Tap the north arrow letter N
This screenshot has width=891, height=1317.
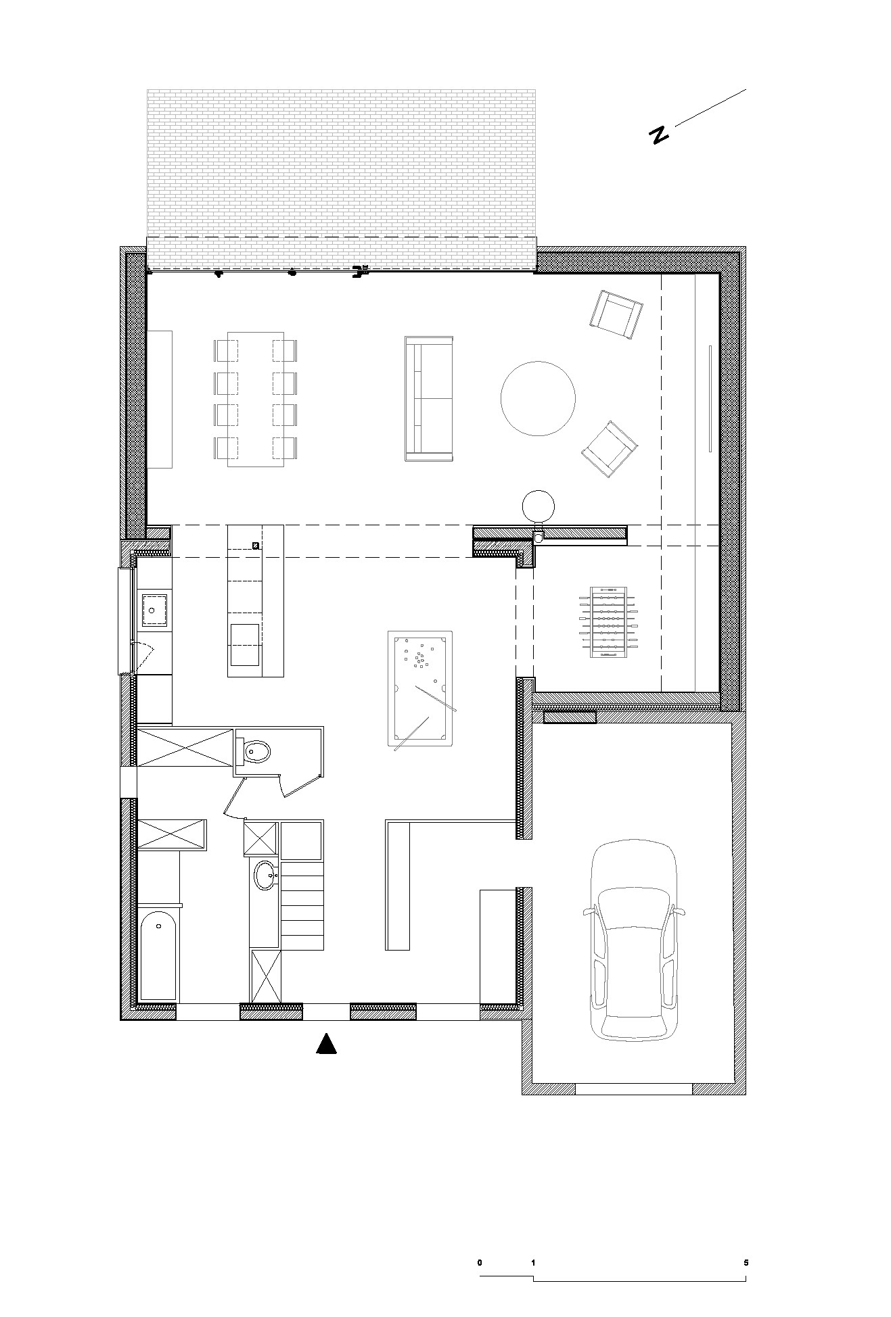(x=658, y=135)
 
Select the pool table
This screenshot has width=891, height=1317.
(x=420, y=689)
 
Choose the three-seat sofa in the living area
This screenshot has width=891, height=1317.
(x=428, y=398)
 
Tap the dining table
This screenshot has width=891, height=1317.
(x=255, y=399)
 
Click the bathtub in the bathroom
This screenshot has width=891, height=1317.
(x=158, y=955)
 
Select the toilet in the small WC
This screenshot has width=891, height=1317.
(x=256, y=750)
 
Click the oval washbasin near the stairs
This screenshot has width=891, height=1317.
(x=266, y=876)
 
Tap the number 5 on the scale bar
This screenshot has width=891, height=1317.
(x=746, y=1262)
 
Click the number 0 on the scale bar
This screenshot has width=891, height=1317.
(x=480, y=1262)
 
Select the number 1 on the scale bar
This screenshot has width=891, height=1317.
(x=534, y=1262)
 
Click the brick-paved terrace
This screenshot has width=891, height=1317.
(x=342, y=179)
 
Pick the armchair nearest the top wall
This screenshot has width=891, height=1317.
(x=616, y=315)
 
